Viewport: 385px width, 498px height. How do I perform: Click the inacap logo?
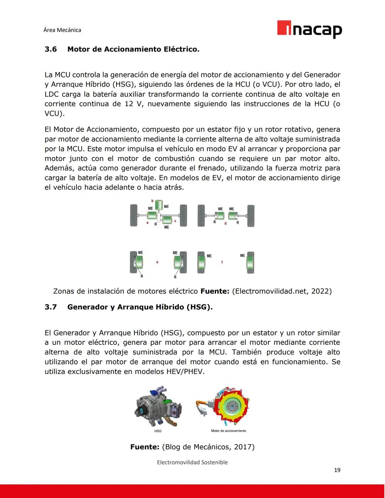tap(309, 29)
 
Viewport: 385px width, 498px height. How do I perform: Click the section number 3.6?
tap(51, 49)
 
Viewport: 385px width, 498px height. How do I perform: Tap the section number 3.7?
tap(51, 307)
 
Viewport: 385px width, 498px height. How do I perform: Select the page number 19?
tap(337, 470)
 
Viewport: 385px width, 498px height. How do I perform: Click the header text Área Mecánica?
tap(62, 30)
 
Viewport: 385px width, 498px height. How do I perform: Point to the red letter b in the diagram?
tap(153, 201)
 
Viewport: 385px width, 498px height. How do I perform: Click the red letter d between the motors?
tap(225, 224)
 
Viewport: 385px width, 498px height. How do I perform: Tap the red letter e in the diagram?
tap(157, 262)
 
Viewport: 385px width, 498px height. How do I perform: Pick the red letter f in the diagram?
tap(222, 262)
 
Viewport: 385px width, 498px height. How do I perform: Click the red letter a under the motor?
tap(147, 223)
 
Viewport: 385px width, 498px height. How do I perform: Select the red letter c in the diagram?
tap(175, 221)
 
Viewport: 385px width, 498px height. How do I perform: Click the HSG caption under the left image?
tap(158, 431)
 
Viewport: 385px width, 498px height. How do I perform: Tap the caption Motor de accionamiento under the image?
tap(229, 431)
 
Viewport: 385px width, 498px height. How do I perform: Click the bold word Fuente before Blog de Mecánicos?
tap(144, 447)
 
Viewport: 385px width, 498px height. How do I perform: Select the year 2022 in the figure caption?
tap(319, 291)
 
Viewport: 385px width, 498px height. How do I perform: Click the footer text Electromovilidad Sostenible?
tap(192, 462)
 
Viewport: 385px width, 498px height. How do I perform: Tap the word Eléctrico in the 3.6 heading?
tap(181, 49)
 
